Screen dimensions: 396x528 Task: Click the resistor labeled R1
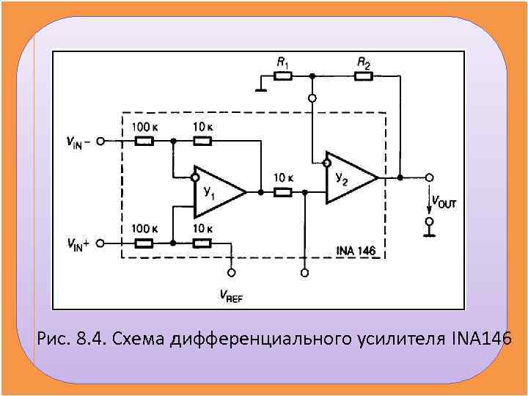click(282, 76)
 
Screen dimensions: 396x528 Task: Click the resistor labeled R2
click(364, 76)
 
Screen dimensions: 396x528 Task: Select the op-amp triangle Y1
click(216, 192)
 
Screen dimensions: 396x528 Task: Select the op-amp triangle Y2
click(348, 178)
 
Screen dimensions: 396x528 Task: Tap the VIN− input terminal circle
click(100, 141)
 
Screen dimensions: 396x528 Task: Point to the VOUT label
click(444, 202)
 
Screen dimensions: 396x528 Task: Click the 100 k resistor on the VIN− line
click(144, 141)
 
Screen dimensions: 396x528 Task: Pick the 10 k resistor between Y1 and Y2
click(283, 192)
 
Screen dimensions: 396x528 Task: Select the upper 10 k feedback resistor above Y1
click(202, 141)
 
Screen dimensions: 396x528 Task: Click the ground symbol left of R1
click(259, 89)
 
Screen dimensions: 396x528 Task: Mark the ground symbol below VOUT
click(430, 233)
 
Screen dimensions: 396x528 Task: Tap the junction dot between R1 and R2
click(312, 76)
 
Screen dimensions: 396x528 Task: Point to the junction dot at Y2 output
click(400, 177)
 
